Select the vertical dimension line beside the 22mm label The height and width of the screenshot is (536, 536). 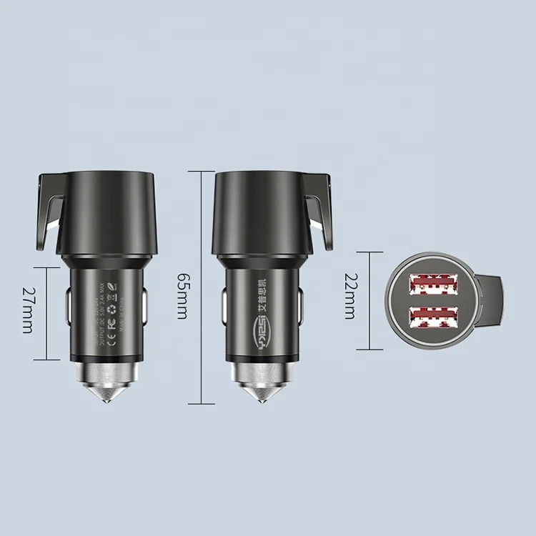click(x=369, y=300)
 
